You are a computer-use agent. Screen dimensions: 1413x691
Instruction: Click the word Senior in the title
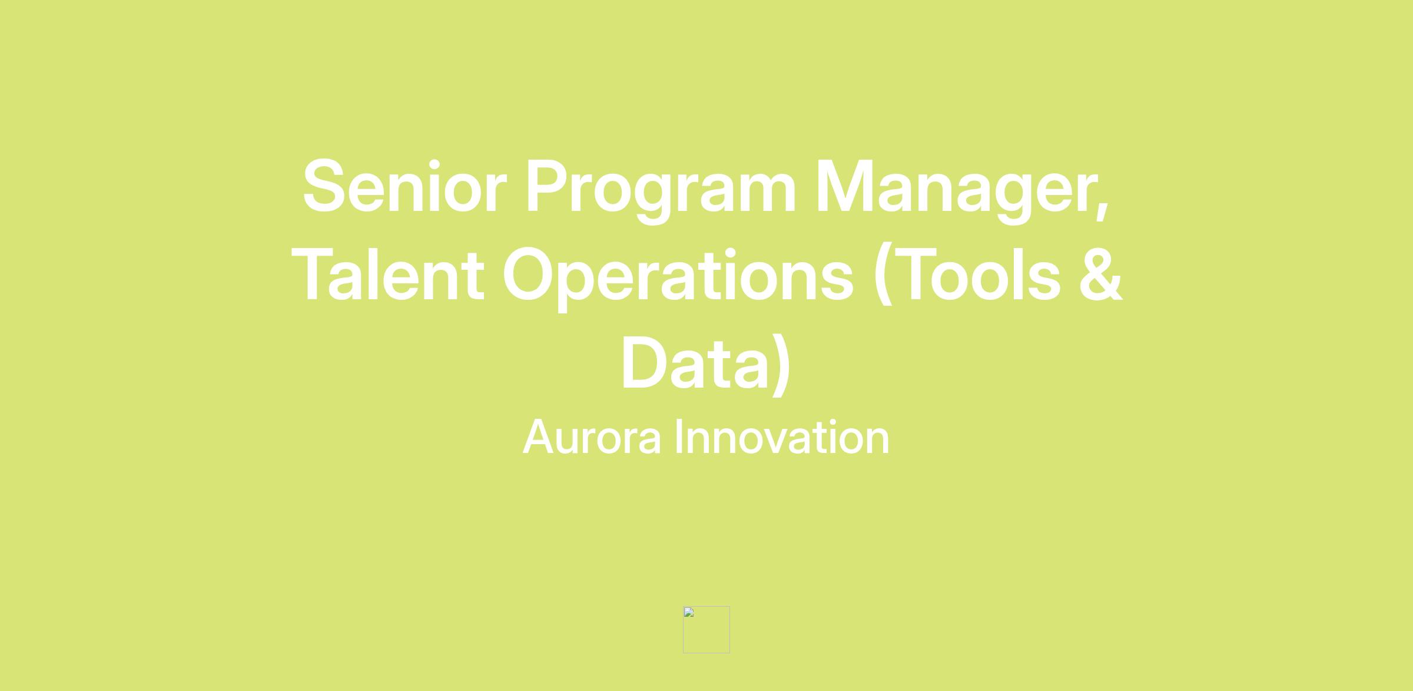click(x=404, y=186)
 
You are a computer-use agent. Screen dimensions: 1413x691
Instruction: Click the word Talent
click(x=387, y=274)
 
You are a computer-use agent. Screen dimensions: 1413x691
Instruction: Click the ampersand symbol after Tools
click(x=1101, y=274)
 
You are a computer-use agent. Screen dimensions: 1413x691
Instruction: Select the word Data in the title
click(x=695, y=362)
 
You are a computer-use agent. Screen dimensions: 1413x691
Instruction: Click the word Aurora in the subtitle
click(x=592, y=437)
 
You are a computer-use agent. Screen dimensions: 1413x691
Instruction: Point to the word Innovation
click(x=782, y=437)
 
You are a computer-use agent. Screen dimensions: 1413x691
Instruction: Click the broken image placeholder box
click(x=706, y=630)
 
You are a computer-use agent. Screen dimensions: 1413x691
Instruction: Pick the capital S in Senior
click(x=323, y=186)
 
